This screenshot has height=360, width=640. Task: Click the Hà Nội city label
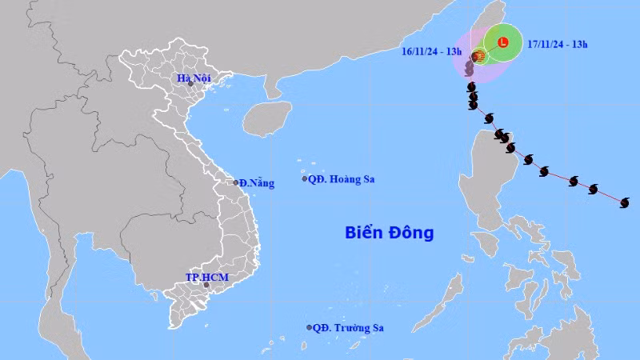click(x=194, y=78)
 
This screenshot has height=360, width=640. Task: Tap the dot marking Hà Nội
click(x=190, y=84)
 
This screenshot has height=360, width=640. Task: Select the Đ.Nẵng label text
click(x=258, y=183)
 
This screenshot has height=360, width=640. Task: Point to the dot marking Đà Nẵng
click(x=237, y=182)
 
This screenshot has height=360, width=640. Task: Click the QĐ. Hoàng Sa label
click(x=342, y=179)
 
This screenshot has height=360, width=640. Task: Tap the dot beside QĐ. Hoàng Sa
click(x=305, y=178)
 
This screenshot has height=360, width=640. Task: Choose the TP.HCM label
click(x=207, y=277)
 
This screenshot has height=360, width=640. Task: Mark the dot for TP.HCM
click(x=206, y=285)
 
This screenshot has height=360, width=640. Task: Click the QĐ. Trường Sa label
click(x=348, y=327)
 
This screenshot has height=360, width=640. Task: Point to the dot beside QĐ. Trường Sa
click(x=310, y=327)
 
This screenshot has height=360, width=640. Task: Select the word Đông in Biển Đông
click(x=412, y=233)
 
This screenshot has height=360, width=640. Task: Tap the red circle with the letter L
click(x=502, y=42)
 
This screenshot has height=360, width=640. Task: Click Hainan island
click(x=266, y=119)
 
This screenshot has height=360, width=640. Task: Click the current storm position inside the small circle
click(x=479, y=57)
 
